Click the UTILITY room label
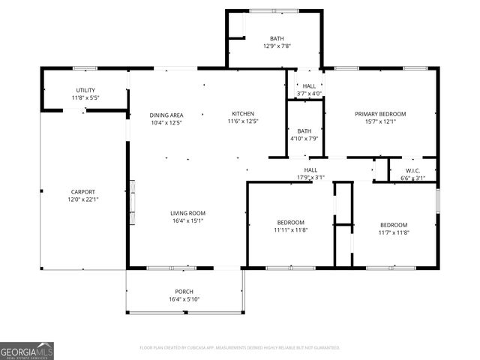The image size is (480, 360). click(x=85, y=90)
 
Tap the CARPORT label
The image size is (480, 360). click(x=82, y=191)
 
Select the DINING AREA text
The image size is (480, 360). click(x=166, y=115)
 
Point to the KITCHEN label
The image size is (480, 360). click(x=243, y=113)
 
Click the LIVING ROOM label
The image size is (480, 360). click(x=187, y=213)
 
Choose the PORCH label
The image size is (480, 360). click(x=184, y=292)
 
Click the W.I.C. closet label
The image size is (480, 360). click(x=412, y=170)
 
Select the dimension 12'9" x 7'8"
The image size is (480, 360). click(x=277, y=46)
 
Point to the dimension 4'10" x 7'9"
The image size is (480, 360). click(x=304, y=138)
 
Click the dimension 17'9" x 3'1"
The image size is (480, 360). click(x=310, y=178)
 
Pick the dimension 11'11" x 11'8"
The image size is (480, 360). click(x=290, y=231)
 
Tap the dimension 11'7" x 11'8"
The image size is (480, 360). click(x=393, y=232)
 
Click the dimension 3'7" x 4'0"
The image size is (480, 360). click(x=309, y=94)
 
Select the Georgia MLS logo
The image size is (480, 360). click(x=27, y=351)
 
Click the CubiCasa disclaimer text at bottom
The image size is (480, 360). click(x=240, y=348)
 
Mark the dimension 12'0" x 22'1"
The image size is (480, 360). click(x=82, y=199)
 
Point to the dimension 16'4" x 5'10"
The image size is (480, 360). click(x=184, y=299)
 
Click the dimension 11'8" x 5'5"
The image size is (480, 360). click(x=85, y=97)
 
